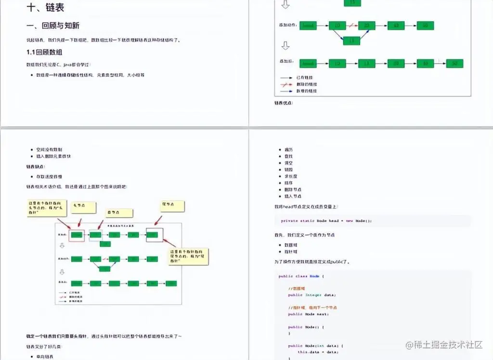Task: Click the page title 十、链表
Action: point(46,8)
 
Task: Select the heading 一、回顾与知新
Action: point(55,26)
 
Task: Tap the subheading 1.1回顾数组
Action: point(44,52)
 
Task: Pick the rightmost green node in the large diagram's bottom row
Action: point(454,63)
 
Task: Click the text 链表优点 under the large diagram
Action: point(284,103)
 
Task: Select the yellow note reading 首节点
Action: point(119,213)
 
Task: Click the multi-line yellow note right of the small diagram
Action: point(191,256)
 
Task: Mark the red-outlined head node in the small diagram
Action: point(77,235)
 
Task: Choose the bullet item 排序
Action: point(289,183)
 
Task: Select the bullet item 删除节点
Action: point(293,190)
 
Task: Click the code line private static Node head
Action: point(326,221)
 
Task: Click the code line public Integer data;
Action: point(311,295)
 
